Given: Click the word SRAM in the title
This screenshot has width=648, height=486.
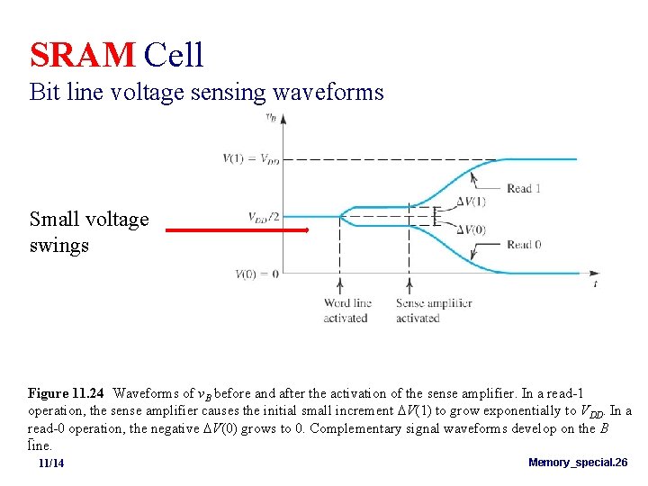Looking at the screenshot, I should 82,55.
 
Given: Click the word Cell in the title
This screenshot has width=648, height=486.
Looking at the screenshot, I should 174,55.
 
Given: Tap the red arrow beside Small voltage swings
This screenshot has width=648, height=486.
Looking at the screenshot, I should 237,230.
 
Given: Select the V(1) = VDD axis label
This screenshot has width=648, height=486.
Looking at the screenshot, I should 251,159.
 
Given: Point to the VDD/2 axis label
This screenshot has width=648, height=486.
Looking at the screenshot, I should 264,217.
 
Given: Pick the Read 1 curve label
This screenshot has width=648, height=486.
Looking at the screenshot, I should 524,188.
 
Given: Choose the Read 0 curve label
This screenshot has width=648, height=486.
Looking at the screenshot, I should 524,245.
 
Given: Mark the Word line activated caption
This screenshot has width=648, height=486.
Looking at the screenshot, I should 346,310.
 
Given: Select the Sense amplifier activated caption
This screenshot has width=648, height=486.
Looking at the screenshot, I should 433,310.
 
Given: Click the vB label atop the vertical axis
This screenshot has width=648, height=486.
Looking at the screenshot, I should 271,117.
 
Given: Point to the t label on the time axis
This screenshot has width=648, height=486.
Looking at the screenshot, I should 595,283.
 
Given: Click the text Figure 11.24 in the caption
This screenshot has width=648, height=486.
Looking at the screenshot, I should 66,393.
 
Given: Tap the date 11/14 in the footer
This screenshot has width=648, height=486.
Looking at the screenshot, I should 51,463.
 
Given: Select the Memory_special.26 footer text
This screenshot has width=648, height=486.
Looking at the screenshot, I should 578,463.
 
